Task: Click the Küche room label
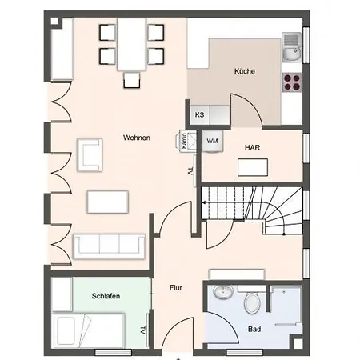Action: click(x=245, y=72)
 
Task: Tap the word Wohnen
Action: click(x=136, y=138)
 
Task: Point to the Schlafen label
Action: click(x=105, y=296)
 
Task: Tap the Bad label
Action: click(x=254, y=329)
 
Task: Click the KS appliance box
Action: click(x=199, y=114)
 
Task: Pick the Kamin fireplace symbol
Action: click(x=184, y=142)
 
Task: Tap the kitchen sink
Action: click(x=292, y=48)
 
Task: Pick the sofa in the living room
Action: click(x=110, y=246)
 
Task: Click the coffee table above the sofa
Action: click(x=108, y=201)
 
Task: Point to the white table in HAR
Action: click(x=253, y=168)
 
